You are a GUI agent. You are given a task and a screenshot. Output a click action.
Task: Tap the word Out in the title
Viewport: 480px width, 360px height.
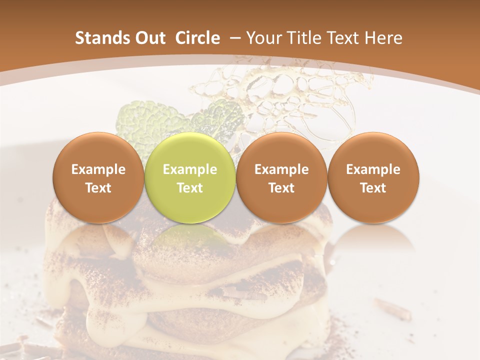tap(148, 38)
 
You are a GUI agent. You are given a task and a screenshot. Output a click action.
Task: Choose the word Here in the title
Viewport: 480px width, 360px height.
tap(383, 38)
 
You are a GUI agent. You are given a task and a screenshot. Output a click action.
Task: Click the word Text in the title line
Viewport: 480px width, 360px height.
tap(345, 38)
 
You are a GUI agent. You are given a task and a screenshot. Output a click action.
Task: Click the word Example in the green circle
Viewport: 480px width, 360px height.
tap(190, 169)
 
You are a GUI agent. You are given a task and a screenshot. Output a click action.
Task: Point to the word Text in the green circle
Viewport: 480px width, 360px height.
tap(190, 188)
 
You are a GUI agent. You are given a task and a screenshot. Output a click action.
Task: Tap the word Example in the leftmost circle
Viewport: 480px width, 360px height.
tap(98, 169)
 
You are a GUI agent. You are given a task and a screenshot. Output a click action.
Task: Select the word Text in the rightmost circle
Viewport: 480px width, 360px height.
tap(373, 188)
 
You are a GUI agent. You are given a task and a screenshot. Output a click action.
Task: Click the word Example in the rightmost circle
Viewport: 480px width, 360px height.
tap(373, 169)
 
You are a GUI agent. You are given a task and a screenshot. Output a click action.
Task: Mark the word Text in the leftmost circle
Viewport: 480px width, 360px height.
tap(98, 188)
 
